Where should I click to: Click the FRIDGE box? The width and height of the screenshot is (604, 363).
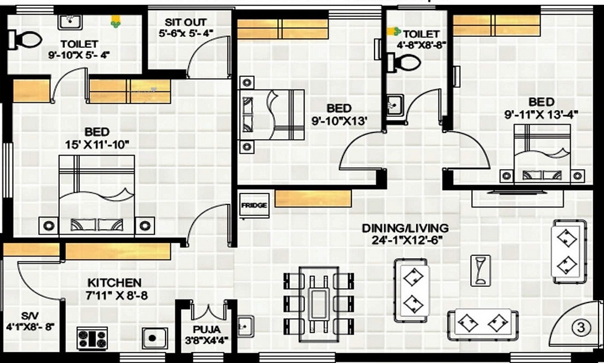click(254, 205)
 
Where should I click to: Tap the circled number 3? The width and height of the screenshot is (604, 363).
click(580, 327)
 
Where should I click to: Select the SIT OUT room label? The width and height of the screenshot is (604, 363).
click(185, 22)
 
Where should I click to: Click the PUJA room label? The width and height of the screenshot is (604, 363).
click(207, 330)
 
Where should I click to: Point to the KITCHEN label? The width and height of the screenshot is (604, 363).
click(114, 283)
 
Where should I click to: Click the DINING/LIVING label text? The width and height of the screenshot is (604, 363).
click(405, 228)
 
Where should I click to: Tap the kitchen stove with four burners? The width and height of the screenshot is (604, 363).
click(92, 338)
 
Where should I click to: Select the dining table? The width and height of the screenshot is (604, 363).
click(319, 304)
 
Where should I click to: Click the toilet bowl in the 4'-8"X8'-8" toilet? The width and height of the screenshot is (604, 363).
click(403, 62)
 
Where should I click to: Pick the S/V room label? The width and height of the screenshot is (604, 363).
click(27, 316)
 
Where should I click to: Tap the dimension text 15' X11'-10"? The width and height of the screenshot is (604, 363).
click(97, 145)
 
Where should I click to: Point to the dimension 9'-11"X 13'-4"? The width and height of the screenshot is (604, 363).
click(541, 114)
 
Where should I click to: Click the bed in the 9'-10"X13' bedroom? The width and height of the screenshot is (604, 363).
click(272, 114)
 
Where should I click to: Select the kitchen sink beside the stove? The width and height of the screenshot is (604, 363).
click(155, 338)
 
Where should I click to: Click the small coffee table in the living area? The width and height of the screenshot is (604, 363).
click(480, 270)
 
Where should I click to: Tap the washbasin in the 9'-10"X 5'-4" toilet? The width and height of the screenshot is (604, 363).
click(69, 22)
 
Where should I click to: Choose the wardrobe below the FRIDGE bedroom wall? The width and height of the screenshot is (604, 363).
click(313, 198)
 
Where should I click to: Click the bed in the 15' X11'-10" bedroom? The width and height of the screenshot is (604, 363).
click(96, 195)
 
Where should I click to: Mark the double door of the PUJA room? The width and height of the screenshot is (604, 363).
click(208, 311)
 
